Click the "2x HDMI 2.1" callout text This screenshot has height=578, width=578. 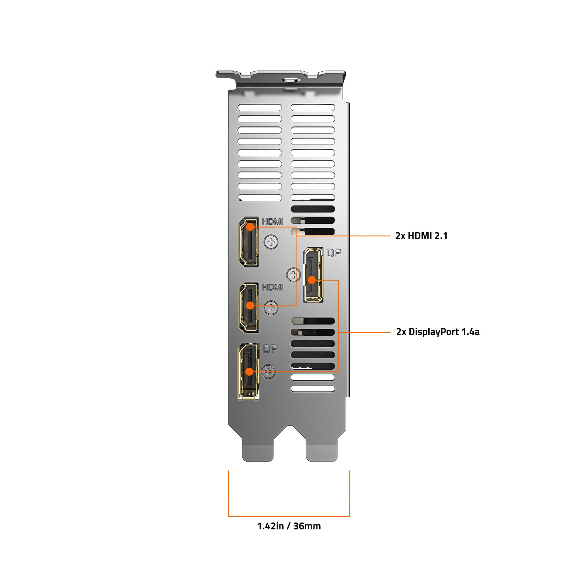[421, 236]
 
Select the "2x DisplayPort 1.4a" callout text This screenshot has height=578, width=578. [438, 332]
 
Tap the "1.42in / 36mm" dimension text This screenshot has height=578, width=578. [289, 526]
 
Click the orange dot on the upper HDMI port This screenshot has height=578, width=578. [250, 227]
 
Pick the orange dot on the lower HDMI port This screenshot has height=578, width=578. [250, 305]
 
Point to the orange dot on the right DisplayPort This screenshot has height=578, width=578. [312, 280]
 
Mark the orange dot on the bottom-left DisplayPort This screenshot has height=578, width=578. [249, 372]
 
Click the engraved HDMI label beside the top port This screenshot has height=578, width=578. [272, 221]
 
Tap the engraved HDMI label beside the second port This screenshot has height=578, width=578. [272, 287]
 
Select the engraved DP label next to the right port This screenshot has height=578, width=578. [334, 253]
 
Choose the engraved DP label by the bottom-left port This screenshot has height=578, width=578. [270, 349]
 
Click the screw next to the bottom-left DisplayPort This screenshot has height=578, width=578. [268, 372]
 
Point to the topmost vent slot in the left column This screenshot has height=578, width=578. [260, 108]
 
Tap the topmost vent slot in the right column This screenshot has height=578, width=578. [313, 108]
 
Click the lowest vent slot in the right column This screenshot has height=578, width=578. [313, 389]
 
